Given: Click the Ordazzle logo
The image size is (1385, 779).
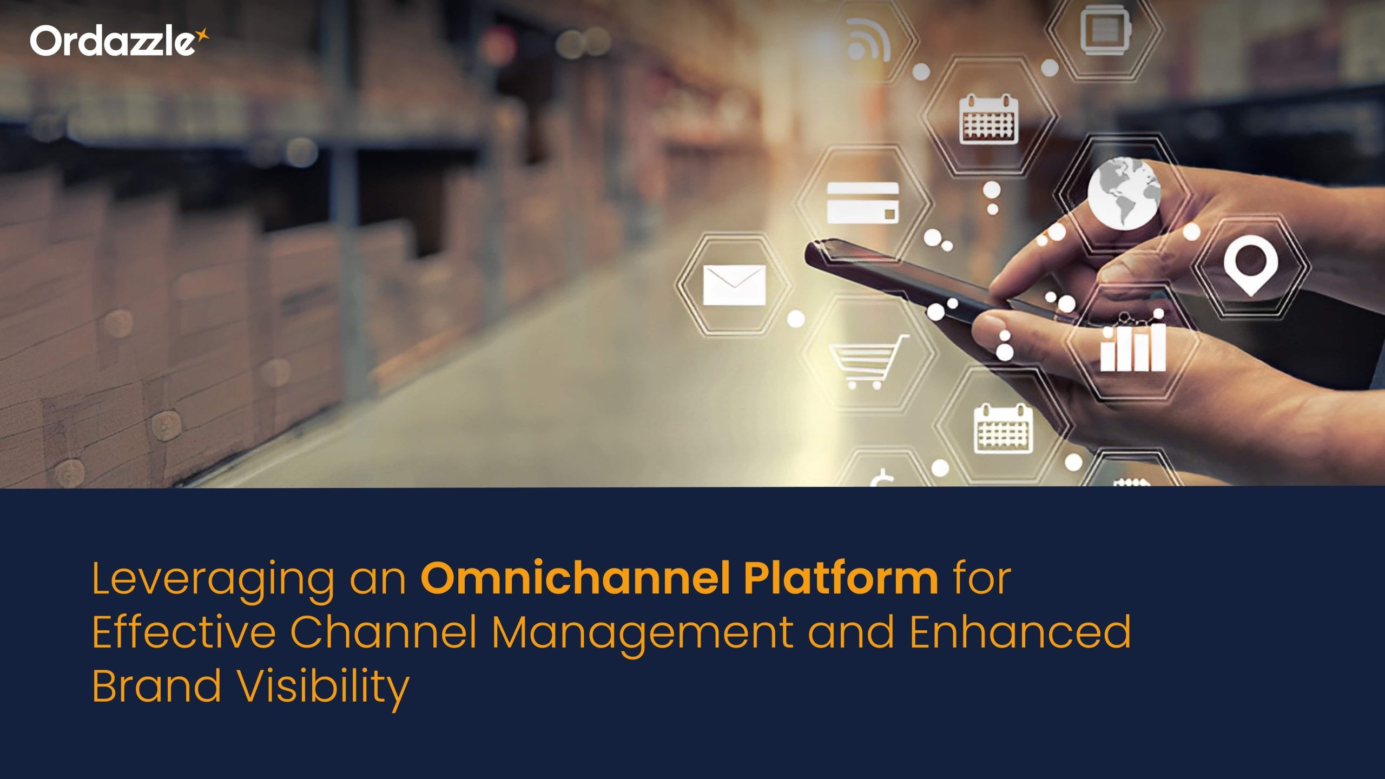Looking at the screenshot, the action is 119,41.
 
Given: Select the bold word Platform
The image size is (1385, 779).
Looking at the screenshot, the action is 841,578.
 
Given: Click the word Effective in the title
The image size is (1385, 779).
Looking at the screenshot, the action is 184,631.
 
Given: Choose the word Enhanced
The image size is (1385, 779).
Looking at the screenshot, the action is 1020,631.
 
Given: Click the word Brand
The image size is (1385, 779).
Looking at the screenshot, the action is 157,685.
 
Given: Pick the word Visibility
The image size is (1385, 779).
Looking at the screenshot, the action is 324,689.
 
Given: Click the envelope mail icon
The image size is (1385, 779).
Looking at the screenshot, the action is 734,285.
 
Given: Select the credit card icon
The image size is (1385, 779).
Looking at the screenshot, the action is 862,203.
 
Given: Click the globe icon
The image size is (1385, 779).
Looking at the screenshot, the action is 1124,193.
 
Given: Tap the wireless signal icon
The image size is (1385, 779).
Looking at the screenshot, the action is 868,39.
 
